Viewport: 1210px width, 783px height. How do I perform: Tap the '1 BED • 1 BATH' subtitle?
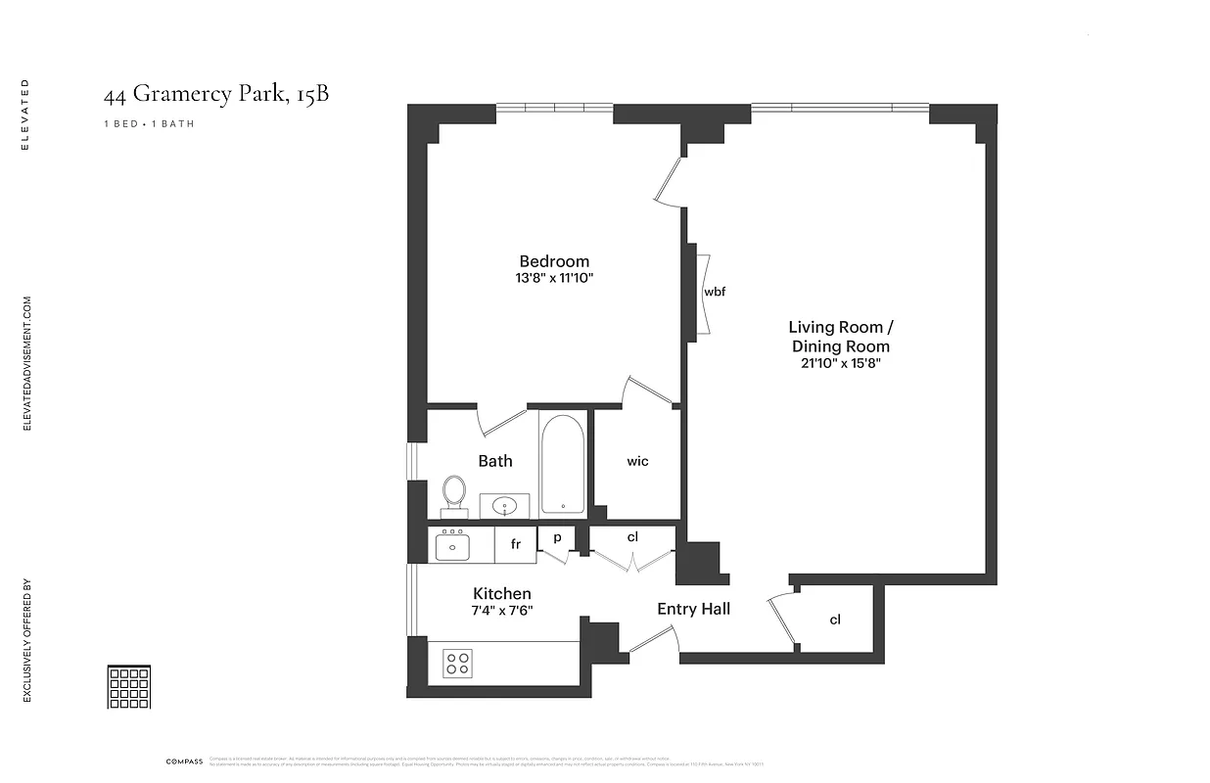tap(149, 124)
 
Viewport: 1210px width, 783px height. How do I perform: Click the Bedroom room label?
tap(554, 261)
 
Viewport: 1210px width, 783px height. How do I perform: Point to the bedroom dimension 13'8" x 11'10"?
tap(554, 278)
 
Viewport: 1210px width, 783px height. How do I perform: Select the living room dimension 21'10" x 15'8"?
tap(840, 363)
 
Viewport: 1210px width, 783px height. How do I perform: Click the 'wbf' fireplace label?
tap(715, 292)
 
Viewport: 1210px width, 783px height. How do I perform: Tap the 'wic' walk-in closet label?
tap(637, 461)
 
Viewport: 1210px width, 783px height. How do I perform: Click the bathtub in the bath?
tap(562, 463)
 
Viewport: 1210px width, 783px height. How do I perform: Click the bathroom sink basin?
tap(505, 506)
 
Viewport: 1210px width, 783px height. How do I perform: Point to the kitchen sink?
tap(451, 546)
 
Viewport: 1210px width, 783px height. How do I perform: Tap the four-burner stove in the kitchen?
tap(457, 664)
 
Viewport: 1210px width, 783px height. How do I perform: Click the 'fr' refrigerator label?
tap(515, 544)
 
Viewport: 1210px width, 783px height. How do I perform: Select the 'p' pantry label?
tap(557, 537)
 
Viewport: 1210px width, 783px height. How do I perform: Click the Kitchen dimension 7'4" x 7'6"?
tap(502, 611)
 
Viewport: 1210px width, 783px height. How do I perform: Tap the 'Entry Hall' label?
tap(693, 609)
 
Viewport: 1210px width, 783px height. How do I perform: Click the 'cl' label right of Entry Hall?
tap(835, 620)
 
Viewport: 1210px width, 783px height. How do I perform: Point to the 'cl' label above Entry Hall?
tap(632, 536)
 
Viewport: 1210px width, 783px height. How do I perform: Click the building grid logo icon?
tap(128, 687)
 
